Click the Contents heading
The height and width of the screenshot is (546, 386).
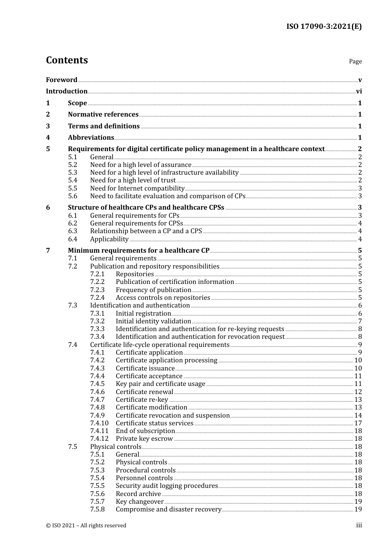67,60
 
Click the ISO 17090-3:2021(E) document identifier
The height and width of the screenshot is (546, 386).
324,26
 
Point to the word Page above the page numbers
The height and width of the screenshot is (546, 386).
355,61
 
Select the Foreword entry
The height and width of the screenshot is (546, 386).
61,80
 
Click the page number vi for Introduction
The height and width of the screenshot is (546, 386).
359,91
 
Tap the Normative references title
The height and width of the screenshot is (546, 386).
103,115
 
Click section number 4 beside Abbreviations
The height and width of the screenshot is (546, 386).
48,138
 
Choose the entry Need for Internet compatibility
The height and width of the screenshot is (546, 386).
137,188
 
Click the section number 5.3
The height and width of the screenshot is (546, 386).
73,173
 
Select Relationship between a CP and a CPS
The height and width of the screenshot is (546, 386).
146,231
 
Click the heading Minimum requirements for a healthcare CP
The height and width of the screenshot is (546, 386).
139,251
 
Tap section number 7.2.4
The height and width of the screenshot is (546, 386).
97,298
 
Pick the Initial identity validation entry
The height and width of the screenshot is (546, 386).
153,321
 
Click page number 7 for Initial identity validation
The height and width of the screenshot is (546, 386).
360,321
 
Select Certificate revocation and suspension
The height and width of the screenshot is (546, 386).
173,416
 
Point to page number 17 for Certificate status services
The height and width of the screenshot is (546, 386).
358,423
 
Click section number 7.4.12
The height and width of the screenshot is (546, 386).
99,439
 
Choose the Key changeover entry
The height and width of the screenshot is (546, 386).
139,502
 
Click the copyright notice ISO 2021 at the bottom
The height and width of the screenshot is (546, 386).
86,526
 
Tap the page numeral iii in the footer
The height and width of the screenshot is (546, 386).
359,525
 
